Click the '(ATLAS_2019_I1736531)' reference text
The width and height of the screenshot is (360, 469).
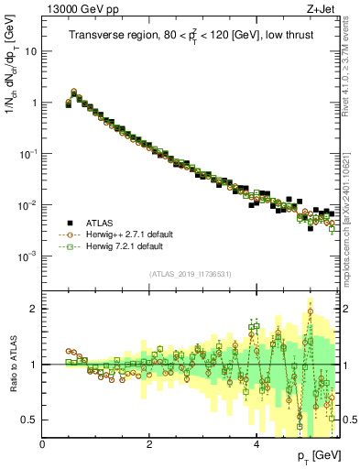tap(191, 274)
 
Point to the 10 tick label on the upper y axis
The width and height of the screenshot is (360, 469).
tap(30, 51)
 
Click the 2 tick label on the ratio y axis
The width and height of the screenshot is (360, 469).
tap(35, 309)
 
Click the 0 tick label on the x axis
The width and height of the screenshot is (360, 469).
tap(43, 444)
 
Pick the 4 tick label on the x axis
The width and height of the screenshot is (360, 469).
tap(256, 444)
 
